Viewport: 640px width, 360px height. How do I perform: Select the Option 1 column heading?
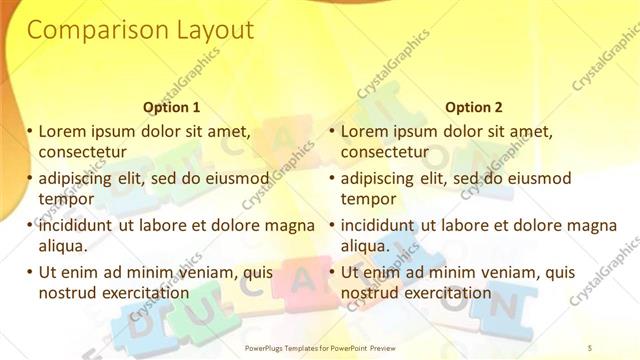(x=172, y=107)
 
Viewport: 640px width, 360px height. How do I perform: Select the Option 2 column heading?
(x=474, y=107)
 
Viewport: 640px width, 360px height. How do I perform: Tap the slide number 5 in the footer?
(x=591, y=348)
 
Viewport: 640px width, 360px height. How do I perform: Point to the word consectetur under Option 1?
(x=80, y=152)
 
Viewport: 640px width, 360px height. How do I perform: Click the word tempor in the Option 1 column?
(x=65, y=199)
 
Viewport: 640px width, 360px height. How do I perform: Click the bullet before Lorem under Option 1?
(x=30, y=131)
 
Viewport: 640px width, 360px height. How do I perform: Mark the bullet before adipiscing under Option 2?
(x=333, y=178)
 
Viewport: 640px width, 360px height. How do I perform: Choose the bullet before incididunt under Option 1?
(x=30, y=225)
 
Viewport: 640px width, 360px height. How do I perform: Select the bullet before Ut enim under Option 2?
(x=333, y=272)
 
